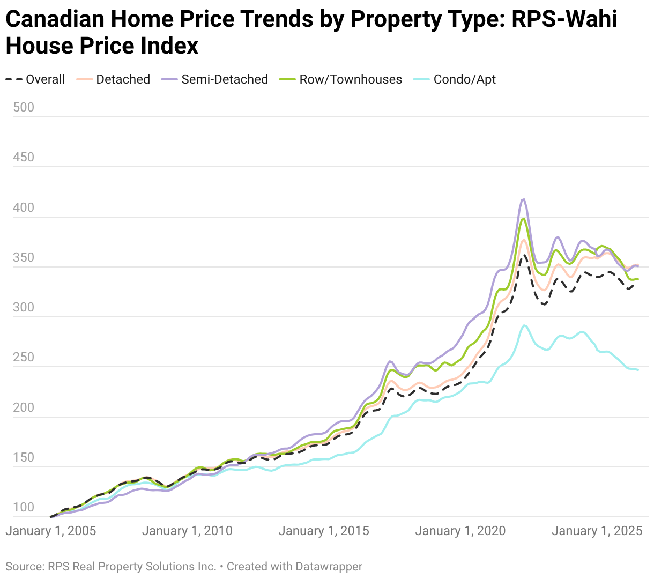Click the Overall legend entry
pos(35,79)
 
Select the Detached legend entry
pos(113,79)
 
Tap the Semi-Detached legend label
pos(225,79)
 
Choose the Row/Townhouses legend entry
pos(340,79)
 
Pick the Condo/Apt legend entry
pos(454,79)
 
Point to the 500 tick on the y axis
pos(23,107)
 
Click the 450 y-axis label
pos(23,157)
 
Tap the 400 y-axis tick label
pos(23,207)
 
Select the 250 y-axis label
pos(23,357)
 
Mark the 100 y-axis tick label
pos(23,507)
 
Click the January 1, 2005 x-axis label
pos(51,531)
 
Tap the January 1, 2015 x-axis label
pos(324,531)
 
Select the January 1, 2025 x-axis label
pos(597,531)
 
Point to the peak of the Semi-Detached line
pos(523,199)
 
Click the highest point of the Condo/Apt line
pos(524,325)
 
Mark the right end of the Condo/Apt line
pos(638,370)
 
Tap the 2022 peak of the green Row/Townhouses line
pos(524,219)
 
